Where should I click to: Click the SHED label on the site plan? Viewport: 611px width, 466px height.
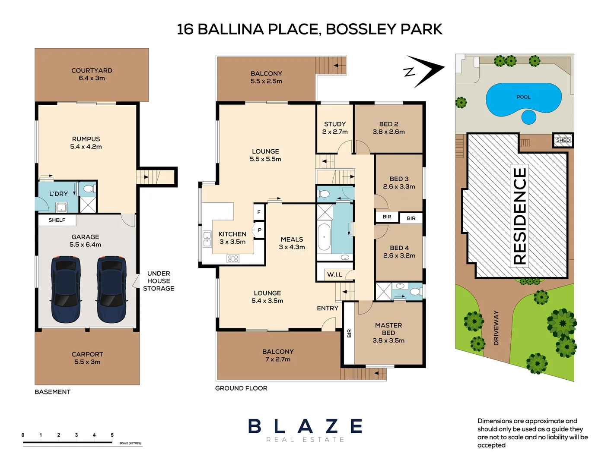pyautogui.click(x=563, y=140)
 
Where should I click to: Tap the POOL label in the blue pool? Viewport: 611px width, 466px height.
pyautogui.click(x=523, y=97)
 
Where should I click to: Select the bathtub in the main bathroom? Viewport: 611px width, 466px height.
pyautogui.click(x=324, y=237)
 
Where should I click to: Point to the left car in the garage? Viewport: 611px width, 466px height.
pyautogui.click(x=66, y=289)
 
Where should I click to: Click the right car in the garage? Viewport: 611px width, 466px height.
pyautogui.click(x=111, y=289)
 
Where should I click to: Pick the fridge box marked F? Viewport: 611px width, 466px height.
pyautogui.click(x=259, y=212)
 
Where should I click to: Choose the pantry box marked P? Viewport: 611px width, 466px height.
pyautogui.click(x=259, y=230)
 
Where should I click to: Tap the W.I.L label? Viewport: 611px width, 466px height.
pyautogui.click(x=334, y=274)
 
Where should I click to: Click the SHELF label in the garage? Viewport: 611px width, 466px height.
pyautogui.click(x=57, y=220)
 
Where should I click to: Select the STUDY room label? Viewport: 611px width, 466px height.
pyautogui.click(x=335, y=124)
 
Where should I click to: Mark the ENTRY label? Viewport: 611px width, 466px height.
pyautogui.click(x=328, y=308)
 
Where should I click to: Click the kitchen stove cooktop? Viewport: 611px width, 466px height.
pyautogui.click(x=233, y=259)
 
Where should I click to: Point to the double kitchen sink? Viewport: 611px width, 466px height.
pyautogui.click(x=207, y=239)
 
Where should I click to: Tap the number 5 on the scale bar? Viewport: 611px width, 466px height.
pyautogui.click(x=112, y=435)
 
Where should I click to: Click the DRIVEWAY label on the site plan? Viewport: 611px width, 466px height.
pyautogui.click(x=496, y=328)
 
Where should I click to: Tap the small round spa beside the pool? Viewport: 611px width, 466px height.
pyautogui.click(x=528, y=117)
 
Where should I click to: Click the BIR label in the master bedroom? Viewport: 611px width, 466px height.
pyautogui.click(x=349, y=333)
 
